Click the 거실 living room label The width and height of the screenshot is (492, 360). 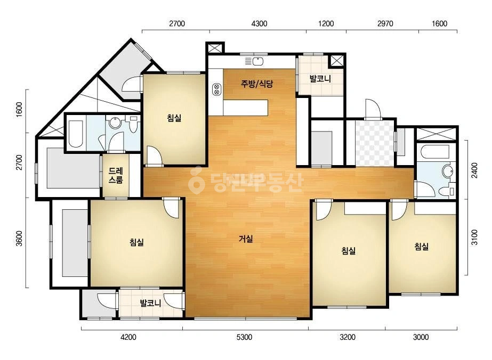point(246,239)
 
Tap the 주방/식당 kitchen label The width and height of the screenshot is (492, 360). point(257,84)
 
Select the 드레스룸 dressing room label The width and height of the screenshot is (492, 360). point(116,176)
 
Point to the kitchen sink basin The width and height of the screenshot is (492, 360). point(257,61)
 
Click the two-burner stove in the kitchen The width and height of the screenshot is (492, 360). point(216,89)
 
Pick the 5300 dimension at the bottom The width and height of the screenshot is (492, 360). point(244,337)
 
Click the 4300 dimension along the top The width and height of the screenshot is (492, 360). point(260,23)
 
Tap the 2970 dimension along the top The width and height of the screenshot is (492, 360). point(385,23)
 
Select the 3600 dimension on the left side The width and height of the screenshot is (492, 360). point(19,239)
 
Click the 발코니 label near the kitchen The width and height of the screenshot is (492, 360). point(320,78)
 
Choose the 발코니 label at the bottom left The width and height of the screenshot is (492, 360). point(150,303)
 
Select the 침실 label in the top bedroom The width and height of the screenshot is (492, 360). point(174,118)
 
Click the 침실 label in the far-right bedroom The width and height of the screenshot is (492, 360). point(422,247)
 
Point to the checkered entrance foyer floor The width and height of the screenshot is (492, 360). point(374,143)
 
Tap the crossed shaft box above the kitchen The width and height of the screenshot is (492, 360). point(215,48)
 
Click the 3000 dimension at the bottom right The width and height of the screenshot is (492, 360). point(421,337)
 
